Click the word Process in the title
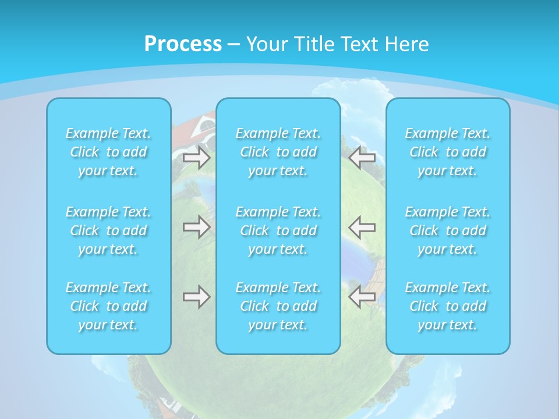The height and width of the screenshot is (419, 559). (183, 44)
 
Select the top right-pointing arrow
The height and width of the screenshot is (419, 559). (197, 157)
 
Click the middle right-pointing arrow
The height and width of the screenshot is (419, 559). (197, 226)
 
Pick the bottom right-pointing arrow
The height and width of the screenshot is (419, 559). (197, 297)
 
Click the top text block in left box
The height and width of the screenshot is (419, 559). (108, 152)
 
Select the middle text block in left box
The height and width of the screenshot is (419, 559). (108, 230)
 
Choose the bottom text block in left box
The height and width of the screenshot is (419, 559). (108, 306)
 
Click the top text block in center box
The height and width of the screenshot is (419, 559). (278, 152)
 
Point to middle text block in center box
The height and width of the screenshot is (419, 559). (278, 230)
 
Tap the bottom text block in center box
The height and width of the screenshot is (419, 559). (278, 306)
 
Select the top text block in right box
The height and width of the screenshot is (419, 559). (448, 152)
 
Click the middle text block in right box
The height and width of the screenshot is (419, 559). (448, 230)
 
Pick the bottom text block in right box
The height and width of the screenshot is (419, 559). (448, 306)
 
